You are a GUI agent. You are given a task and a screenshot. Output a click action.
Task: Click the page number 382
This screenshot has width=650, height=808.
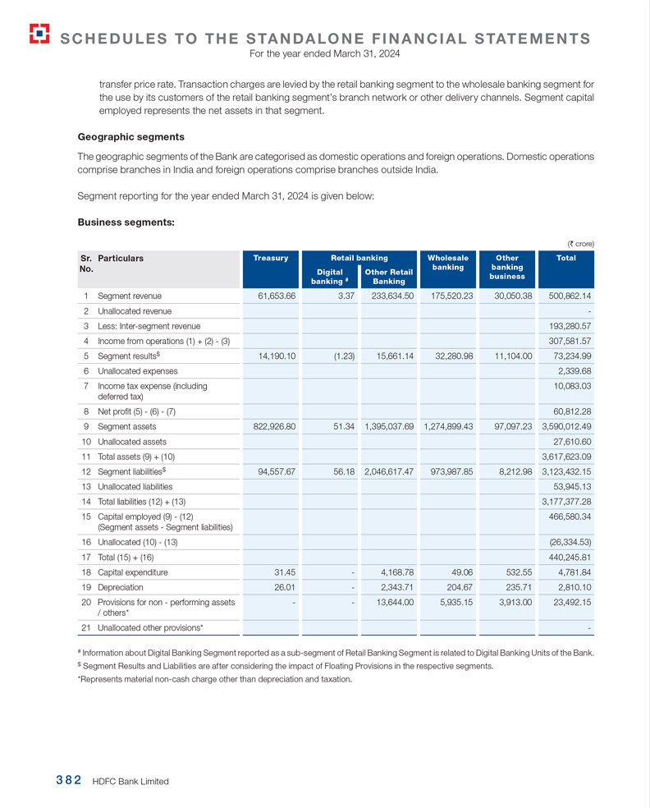pos(68,781)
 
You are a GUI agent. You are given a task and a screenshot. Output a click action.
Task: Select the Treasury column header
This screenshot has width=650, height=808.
pos(271,258)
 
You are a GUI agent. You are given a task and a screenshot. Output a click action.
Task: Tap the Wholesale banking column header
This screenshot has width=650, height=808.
pos(447,262)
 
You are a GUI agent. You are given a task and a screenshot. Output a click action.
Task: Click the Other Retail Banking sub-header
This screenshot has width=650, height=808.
pos(388,277)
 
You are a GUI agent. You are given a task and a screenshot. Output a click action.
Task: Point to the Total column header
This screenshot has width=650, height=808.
pos(565,258)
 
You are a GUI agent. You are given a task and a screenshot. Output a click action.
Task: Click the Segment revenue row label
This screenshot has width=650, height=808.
pos(130,296)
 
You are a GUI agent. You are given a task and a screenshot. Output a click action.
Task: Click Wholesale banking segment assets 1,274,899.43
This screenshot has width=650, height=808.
pos(448,427)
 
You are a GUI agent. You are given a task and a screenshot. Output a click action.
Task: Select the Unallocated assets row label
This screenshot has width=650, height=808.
pos(132,442)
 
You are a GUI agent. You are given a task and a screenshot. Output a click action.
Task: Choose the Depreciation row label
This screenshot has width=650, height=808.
pos(121,587)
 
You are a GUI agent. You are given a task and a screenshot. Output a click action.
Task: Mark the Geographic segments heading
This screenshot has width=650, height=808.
pos(130,137)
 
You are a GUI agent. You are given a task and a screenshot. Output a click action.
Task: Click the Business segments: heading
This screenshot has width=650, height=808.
pos(126,222)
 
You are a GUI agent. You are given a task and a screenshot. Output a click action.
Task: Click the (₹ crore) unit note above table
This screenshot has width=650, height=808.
pos(580,243)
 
